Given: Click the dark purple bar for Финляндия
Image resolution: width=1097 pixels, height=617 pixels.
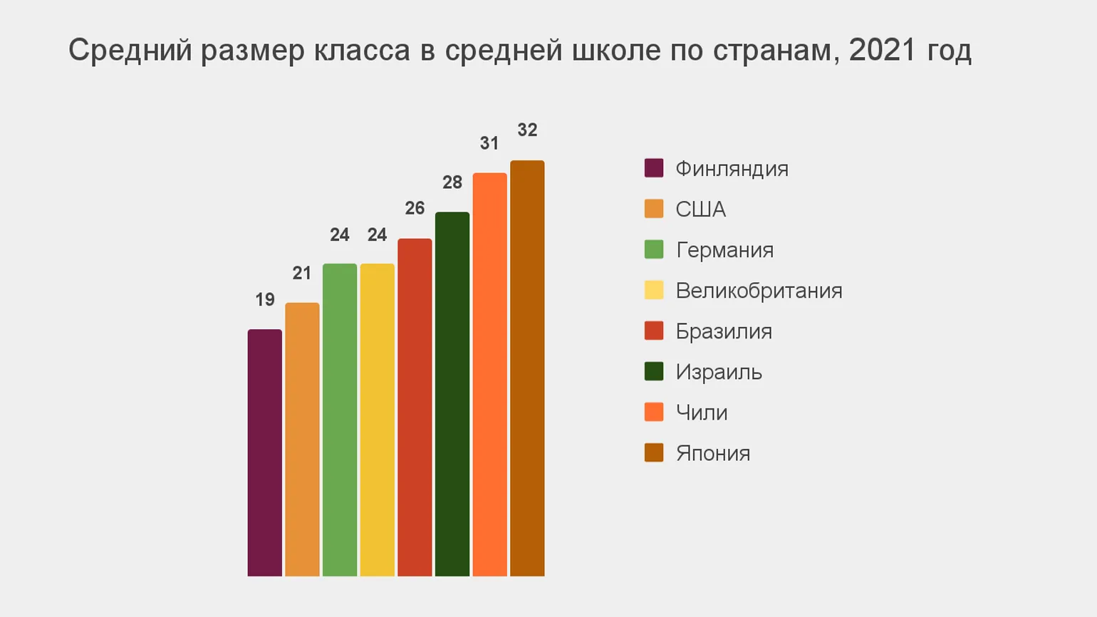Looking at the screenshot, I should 264,452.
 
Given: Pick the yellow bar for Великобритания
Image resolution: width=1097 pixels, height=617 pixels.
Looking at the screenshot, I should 377,420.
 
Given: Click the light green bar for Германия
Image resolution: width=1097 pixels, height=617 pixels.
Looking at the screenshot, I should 340,420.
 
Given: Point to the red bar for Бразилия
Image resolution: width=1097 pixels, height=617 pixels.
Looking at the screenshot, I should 415,407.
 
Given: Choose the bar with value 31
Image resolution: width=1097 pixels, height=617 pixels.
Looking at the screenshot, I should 489,374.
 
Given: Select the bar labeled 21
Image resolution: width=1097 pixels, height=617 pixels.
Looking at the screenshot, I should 302,439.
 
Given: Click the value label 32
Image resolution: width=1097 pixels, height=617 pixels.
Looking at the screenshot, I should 527,130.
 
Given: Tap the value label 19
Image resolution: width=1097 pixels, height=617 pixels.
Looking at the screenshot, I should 265,300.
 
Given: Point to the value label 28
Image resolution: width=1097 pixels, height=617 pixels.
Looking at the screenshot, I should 452,182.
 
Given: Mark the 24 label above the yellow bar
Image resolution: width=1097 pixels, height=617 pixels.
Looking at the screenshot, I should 377,235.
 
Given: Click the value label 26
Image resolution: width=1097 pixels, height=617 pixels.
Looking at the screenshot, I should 415,208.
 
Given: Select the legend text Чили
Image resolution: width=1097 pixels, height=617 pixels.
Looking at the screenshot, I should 702,413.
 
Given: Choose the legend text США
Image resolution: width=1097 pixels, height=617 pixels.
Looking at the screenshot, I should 700,209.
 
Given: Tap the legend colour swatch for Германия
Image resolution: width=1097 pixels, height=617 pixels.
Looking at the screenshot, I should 654,249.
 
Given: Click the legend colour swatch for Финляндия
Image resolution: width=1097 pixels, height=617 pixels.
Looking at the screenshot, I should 654,168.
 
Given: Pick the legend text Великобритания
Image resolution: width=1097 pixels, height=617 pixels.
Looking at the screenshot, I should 759,291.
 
